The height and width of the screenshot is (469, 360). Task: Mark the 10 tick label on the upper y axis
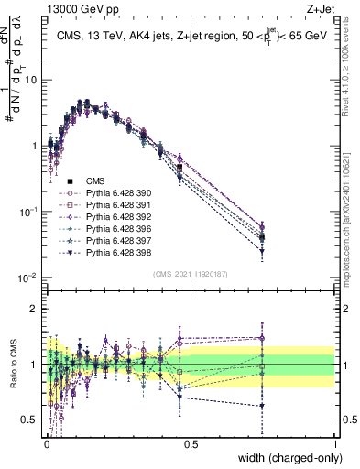(31, 80)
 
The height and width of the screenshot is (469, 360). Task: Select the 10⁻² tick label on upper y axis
(28, 278)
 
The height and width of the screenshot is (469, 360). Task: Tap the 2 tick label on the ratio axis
(34, 309)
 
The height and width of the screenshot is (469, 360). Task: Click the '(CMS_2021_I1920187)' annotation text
(190, 274)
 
